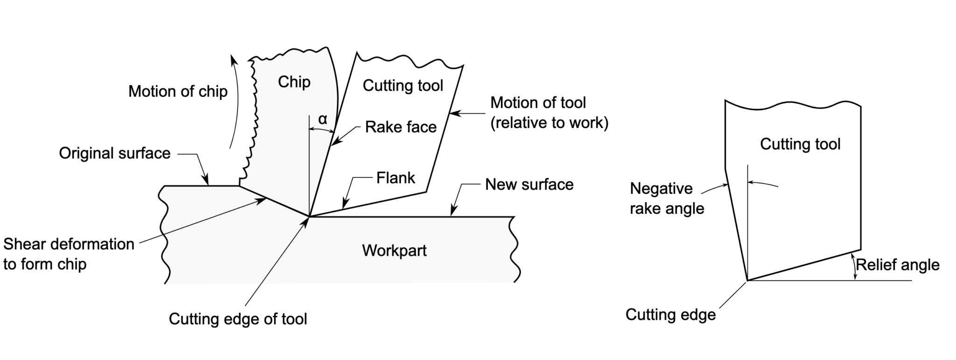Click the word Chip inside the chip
(294, 82)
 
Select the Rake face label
(401, 127)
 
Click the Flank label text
(395, 178)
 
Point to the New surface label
(529, 184)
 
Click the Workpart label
(394, 251)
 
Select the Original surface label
(115, 154)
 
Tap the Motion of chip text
(178, 92)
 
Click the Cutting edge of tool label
(238, 319)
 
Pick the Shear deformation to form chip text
(69, 254)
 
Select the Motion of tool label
(549, 113)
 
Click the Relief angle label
(897, 265)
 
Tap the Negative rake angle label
(667, 198)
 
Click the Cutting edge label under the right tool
(670, 315)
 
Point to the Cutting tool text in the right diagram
(800, 144)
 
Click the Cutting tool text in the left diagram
(403, 86)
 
